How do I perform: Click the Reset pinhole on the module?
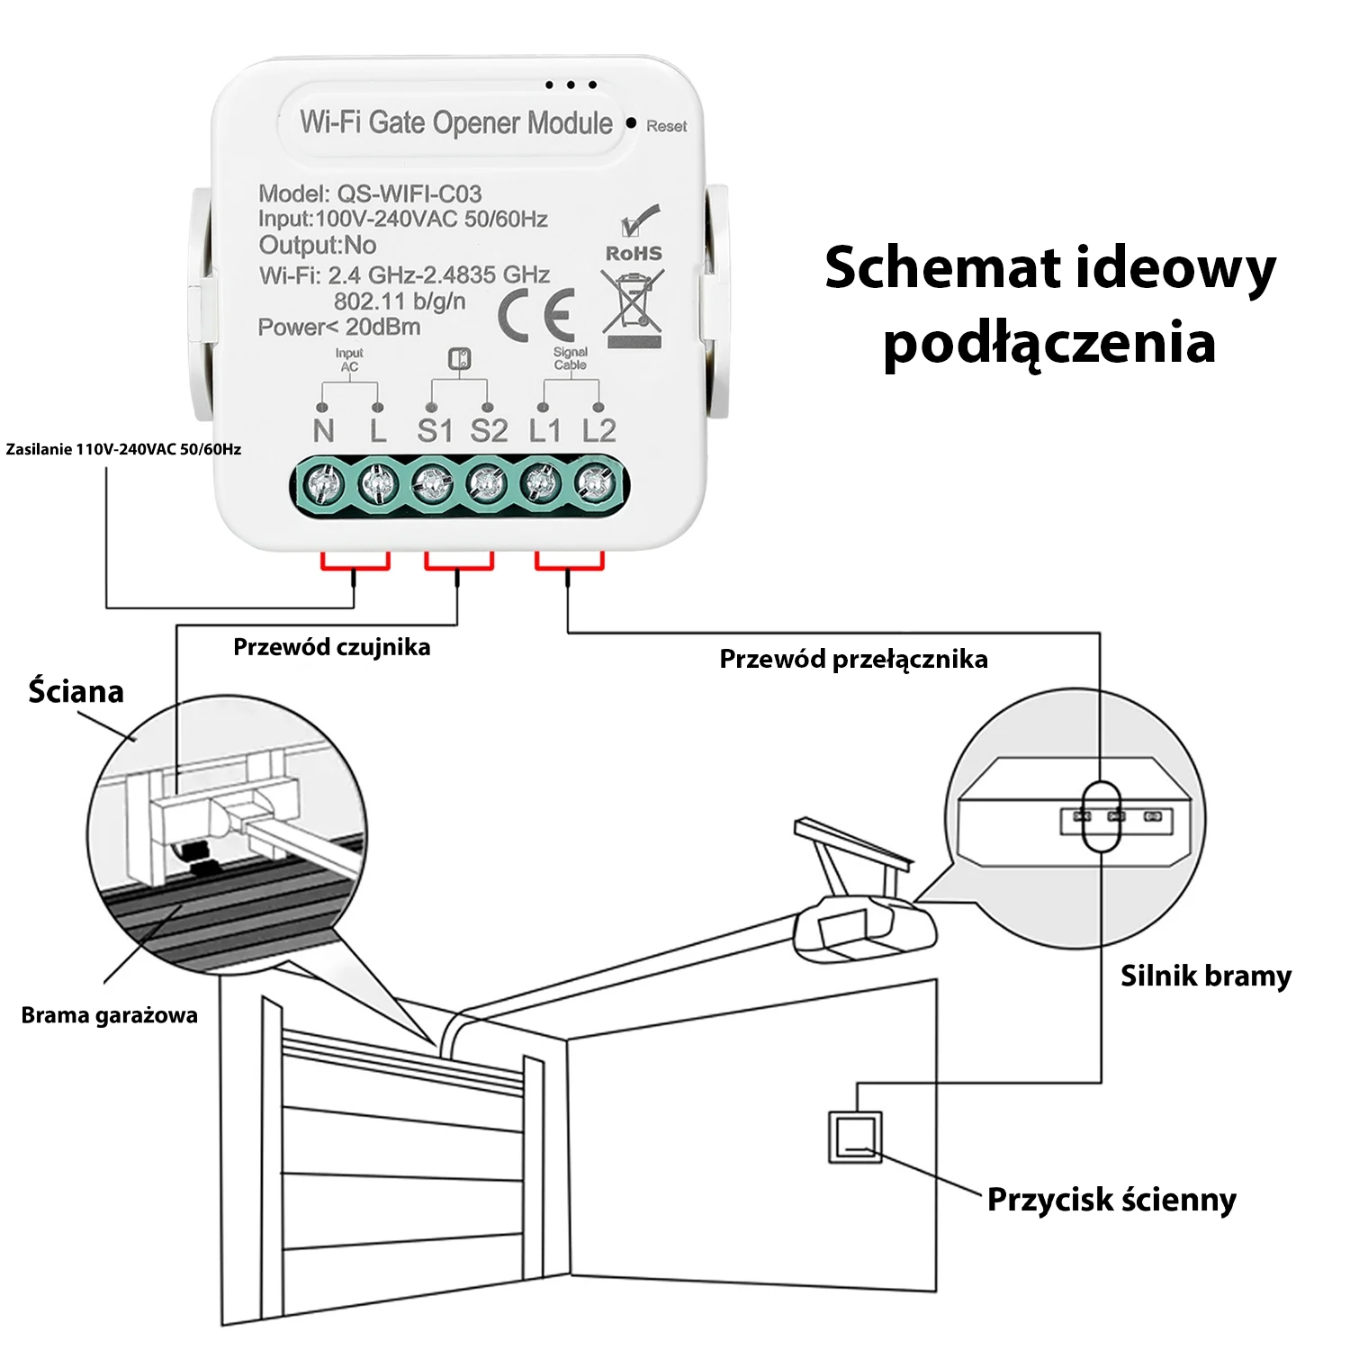point(632,122)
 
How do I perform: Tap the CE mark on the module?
point(536,316)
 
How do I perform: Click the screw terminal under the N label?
point(323,486)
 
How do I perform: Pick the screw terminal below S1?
point(432,486)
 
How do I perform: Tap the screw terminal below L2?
point(594,486)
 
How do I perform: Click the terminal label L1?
point(544,431)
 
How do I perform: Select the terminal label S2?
point(489,431)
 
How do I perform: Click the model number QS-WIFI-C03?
point(409,193)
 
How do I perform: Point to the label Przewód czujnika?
point(331,647)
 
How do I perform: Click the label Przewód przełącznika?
point(853,660)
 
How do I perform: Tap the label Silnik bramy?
point(1205,976)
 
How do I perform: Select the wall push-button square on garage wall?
point(854,1137)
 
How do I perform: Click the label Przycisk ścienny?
point(1111,1200)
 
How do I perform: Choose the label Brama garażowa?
point(109,1015)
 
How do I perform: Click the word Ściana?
point(76,691)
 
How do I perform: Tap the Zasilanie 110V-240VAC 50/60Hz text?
point(123,449)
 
